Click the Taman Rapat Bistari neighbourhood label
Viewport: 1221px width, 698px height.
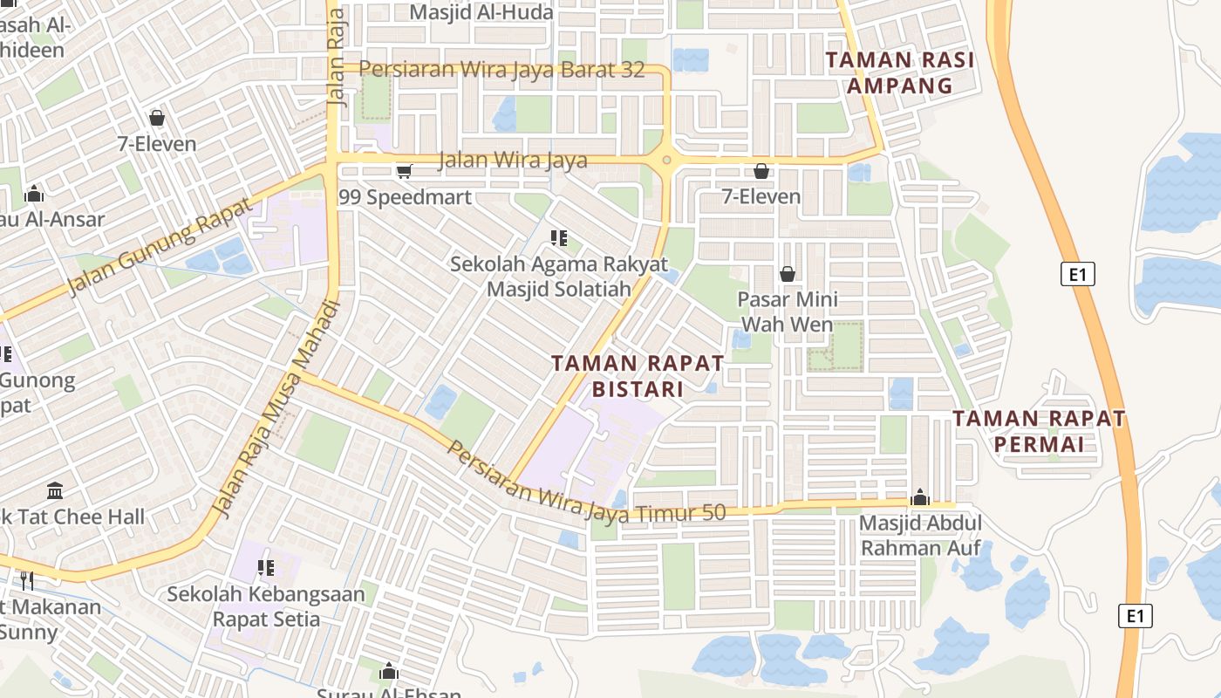click(x=638, y=375)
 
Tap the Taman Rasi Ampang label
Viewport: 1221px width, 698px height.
click(x=899, y=72)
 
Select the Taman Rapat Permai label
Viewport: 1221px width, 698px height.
click(x=1039, y=431)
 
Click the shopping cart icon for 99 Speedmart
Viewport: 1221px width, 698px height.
click(x=404, y=171)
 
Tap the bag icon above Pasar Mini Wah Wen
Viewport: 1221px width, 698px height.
click(x=788, y=274)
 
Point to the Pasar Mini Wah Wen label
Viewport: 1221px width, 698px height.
click(x=788, y=311)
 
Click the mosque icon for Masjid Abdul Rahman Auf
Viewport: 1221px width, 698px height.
click(x=920, y=498)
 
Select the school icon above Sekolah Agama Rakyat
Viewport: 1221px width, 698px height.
click(x=559, y=237)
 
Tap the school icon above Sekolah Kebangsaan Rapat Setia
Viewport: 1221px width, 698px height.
click(x=266, y=568)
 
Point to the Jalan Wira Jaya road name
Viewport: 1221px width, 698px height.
click(x=512, y=161)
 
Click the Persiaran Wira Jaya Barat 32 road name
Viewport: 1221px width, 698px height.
click(x=501, y=70)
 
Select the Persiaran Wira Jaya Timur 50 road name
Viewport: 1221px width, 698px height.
click(x=585, y=483)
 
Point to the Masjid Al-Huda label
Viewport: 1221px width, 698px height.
click(x=481, y=12)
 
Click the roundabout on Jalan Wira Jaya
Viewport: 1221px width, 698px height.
click(x=667, y=160)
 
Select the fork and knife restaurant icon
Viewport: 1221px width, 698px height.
click(x=27, y=579)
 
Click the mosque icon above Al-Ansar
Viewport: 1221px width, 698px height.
click(x=34, y=194)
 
